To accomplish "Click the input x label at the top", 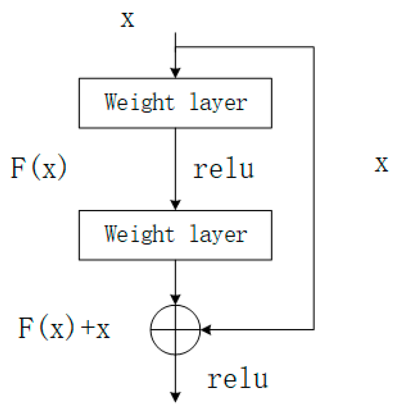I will [x=127, y=19].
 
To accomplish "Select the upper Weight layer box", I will [x=175, y=103].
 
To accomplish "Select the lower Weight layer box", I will [x=175, y=235].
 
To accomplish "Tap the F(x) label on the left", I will [x=39, y=168].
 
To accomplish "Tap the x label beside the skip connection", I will [x=381, y=164].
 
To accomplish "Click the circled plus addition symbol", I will [x=175, y=329].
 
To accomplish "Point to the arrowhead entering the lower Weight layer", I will [x=175, y=205].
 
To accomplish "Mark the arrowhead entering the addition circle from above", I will [x=175, y=299].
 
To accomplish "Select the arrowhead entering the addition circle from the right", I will [x=206, y=329].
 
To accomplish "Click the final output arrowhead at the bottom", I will [x=175, y=397].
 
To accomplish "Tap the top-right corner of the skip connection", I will [x=313, y=47].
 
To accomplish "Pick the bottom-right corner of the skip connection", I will [x=313, y=329].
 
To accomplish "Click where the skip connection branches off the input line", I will [x=175, y=47].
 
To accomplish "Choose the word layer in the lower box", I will [x=218, y=235].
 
